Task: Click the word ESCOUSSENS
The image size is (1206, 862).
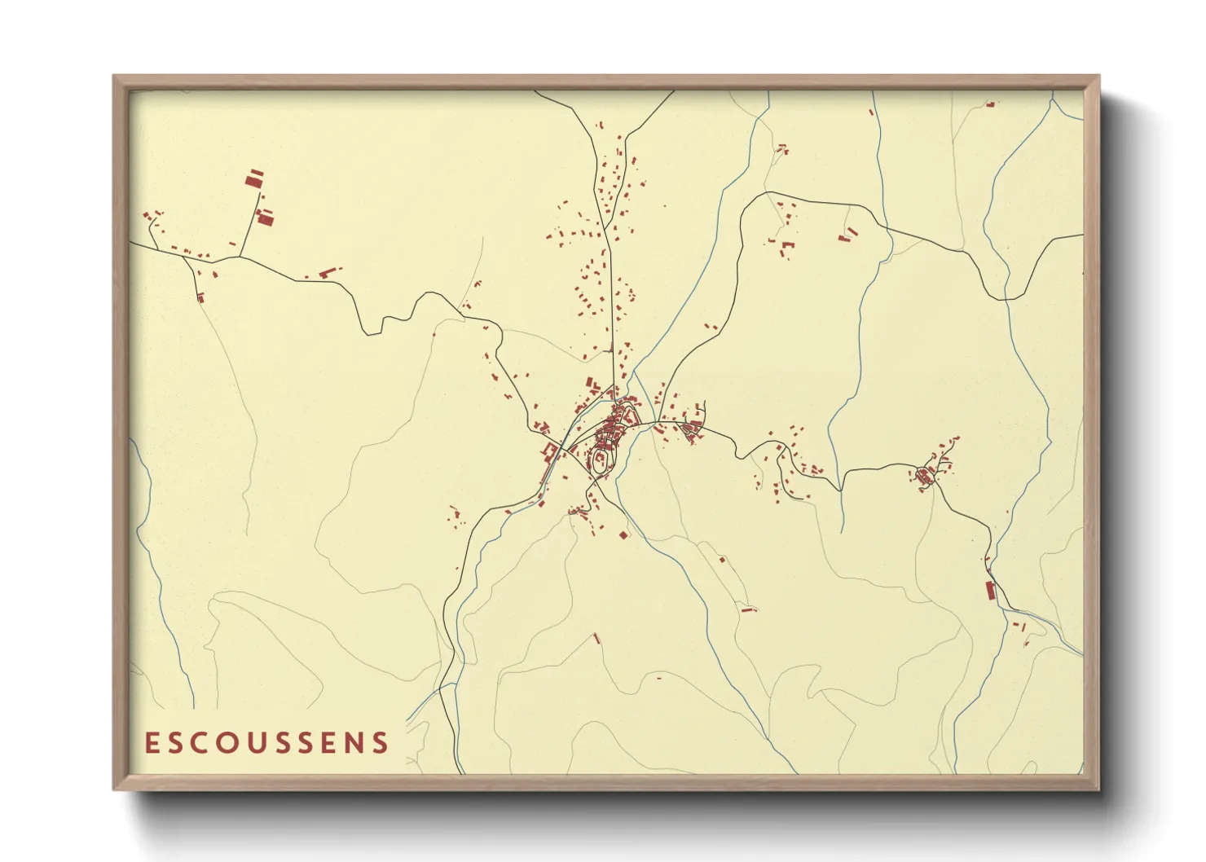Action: pos(266,742)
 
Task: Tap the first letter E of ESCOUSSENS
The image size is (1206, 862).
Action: pos(151,742)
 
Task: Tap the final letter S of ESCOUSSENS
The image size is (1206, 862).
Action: pos(381,742)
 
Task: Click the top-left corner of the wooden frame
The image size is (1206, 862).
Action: pos(114,77)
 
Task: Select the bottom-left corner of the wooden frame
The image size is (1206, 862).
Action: pos(114,789)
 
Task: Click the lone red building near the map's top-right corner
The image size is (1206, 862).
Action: pos(990,104)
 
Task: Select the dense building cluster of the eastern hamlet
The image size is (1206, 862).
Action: pos(925,475)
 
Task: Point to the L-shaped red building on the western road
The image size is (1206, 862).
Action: pos(328,272)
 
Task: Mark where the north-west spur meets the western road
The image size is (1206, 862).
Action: pos(240,257)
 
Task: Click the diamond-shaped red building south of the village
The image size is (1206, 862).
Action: pos(624,535)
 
